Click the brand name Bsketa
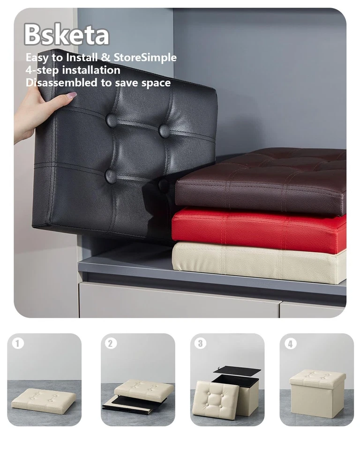(66, 34)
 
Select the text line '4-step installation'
(73, 70)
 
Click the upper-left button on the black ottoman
(112, 120)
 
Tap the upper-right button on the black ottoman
(164, 130)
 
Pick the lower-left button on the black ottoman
(110, 176)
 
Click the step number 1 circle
(18, 344)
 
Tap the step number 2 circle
(111, 344)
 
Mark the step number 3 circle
(201, 344)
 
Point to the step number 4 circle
(290, 344)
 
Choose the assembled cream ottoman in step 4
(317, 392)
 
